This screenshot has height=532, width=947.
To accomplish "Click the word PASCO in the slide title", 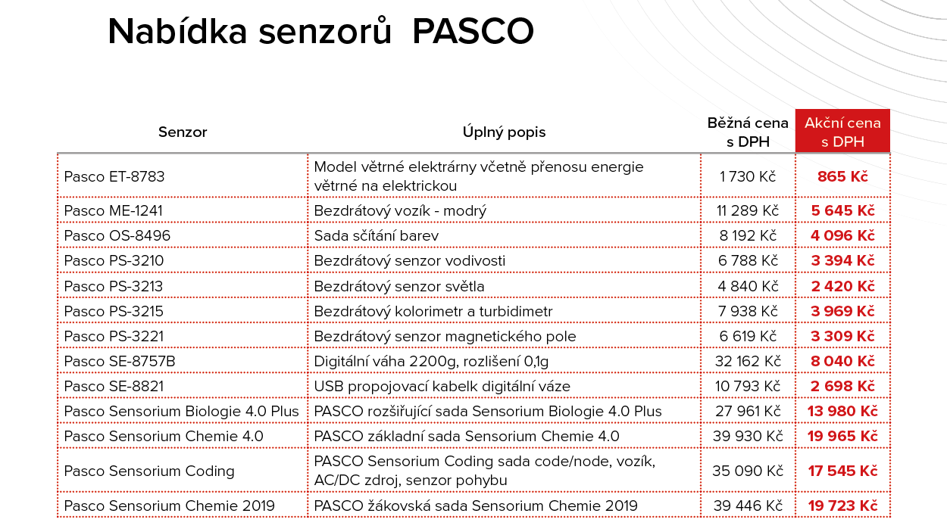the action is (x=474, y=32).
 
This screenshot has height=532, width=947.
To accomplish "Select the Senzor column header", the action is (x=183, y=132).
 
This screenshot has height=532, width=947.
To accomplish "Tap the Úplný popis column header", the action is (x=504, y=132).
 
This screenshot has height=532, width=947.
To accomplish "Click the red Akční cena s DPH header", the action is (x=842, y=132).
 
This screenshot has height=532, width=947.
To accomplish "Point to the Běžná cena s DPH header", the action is (x=748, y=132).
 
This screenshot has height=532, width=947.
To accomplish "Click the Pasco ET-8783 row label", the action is (x=114, y=176).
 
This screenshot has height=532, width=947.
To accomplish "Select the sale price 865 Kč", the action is (x=842, y=176).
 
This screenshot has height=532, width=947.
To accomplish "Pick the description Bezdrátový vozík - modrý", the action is (x=400, y=211).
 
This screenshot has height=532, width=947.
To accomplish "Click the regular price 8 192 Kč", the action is (x=748, y=236).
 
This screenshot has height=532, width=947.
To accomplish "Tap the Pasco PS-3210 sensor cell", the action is (x=114, y=261).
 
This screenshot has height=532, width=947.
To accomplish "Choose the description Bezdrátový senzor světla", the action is (x=399, y=286).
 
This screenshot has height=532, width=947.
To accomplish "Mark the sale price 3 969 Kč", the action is (x=842, y=311).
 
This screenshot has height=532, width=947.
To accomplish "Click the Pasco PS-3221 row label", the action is (x=114, y=336).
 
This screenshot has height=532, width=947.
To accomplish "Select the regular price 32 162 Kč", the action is (x=748, y=361).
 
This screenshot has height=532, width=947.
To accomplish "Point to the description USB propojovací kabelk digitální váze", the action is (x=442, y=387).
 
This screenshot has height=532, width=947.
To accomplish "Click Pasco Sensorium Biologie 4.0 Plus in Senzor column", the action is (x=182, y=412).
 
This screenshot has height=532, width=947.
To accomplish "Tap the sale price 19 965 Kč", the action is (x=842, y=437).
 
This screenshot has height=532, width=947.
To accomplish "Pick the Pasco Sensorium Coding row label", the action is (x=149, y=471).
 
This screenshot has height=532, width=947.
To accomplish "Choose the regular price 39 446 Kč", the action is (x=748, y=506).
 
